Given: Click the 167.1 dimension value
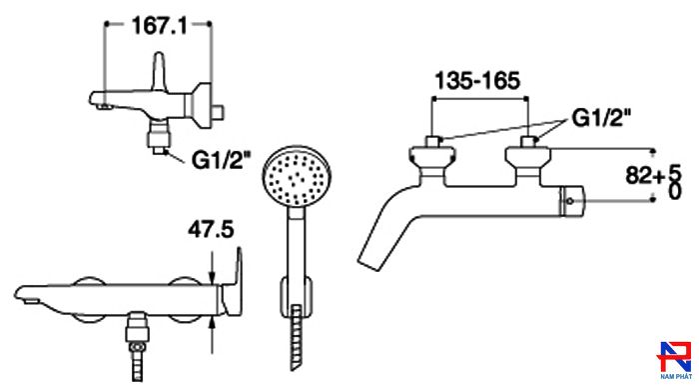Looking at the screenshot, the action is (159, 26).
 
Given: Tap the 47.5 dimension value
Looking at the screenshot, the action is (211, 230).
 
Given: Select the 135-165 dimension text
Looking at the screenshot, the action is (477, 81).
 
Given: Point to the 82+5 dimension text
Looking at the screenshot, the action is (654, 175).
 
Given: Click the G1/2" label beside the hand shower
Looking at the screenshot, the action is (222, 159).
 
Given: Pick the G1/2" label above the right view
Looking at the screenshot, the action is (602, 118).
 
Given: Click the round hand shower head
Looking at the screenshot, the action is (296, 176).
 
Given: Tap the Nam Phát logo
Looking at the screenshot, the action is (675, 360).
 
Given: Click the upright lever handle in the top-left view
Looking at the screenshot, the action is (160, 71).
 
